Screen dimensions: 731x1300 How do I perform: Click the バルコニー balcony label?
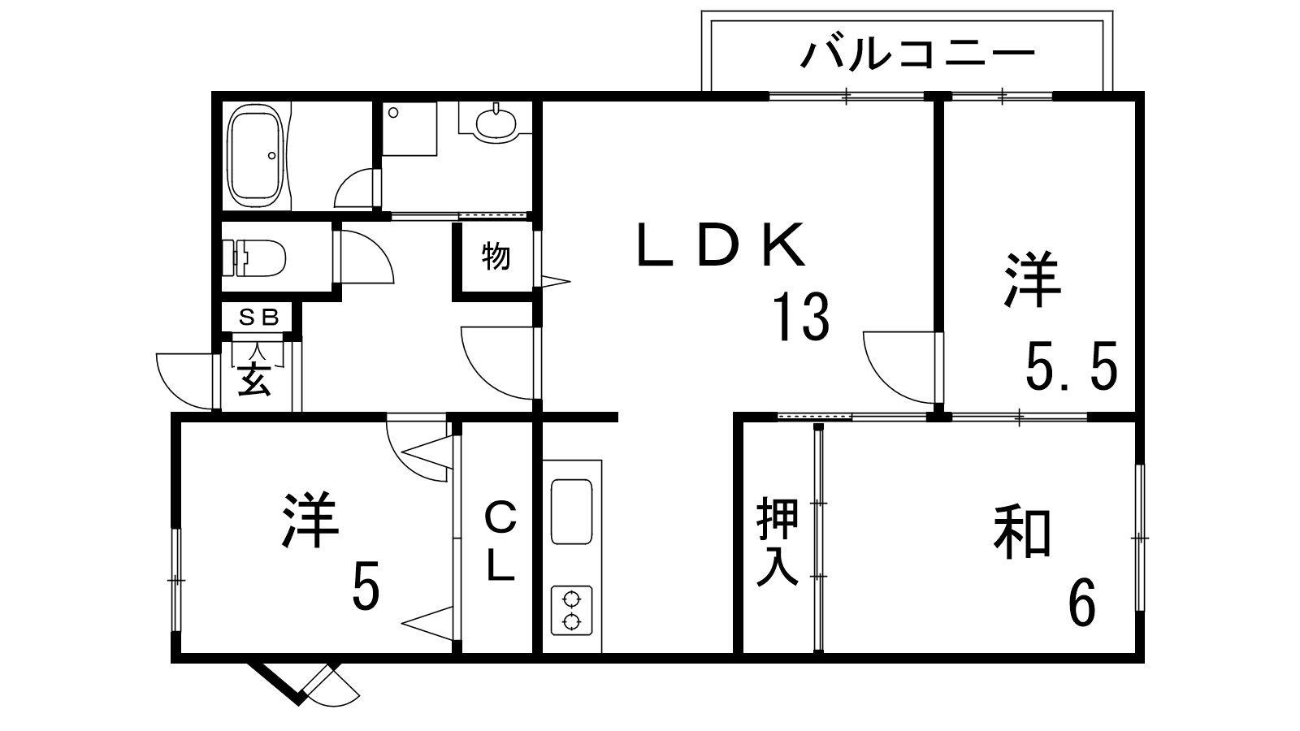tap(918, 55)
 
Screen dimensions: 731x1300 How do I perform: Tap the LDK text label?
tap(721, 244)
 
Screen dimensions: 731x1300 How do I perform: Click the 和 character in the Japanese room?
tap(1022, 533)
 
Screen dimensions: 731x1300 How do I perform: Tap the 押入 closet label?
tap(778, 543)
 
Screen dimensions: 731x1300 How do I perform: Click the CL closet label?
tap(500, 541)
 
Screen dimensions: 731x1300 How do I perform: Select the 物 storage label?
tap(496, 257)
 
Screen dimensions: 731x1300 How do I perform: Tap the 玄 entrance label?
tap(254, 379)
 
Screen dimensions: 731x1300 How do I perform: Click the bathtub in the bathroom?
tap(256, 157)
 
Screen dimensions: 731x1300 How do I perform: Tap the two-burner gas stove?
tap(572, 611)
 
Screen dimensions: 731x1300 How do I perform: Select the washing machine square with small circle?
tap(409, 128)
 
